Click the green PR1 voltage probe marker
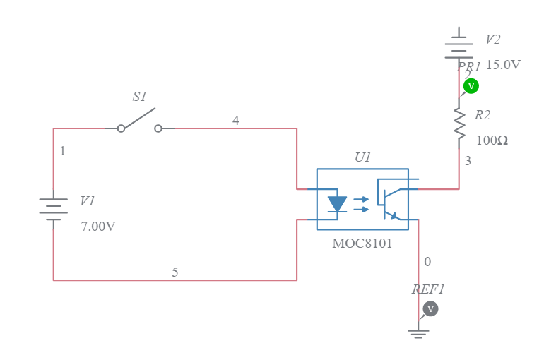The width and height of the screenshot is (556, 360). pos(471,86)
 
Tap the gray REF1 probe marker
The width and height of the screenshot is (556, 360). pos(430,308)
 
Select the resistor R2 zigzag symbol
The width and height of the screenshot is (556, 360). pos(459,124)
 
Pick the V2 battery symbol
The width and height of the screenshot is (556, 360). pos(459,47)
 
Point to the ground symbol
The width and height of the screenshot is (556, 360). pos(418,333)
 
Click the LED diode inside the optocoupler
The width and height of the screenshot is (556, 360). pos(338,204)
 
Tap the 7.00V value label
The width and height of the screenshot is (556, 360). pos(98,227)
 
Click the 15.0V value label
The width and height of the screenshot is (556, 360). pos(503,65)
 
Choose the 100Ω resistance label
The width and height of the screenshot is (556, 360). pos(492,140)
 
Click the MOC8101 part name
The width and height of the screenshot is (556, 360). pos(362,244)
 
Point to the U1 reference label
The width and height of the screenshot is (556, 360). pos(362,157)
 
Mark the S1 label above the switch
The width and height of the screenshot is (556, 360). pos(140,97)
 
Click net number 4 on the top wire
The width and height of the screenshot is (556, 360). pos(236,121)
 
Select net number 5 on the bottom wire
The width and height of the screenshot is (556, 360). pos(175,272)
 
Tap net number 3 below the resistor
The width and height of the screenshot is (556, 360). pos(468,162)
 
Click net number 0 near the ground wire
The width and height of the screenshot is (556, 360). pos(427,262)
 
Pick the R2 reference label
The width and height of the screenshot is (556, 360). pos(483,115)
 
